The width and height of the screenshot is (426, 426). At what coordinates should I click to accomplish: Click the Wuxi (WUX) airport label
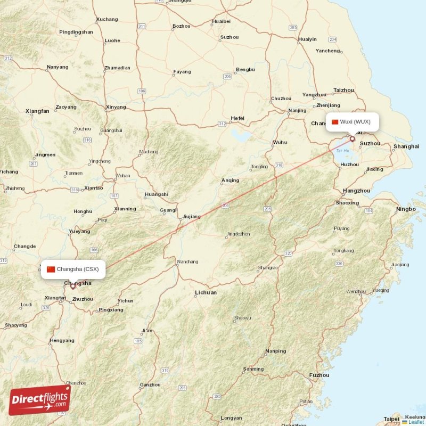point(355,121)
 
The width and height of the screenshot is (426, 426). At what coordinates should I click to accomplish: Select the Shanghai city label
point(406,146)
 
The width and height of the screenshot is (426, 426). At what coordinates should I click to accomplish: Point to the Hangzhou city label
point(356,191)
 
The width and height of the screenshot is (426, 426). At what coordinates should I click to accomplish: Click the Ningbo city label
point(406,209)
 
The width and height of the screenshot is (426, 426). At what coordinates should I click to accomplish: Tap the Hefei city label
point(237,118)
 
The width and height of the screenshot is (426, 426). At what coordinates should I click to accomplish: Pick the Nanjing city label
point(297,111)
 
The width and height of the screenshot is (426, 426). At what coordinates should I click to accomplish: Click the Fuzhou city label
point(319,375)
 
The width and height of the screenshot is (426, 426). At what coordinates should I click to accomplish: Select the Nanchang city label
point(187,261)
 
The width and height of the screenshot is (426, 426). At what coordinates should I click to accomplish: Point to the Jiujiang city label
point(191,217)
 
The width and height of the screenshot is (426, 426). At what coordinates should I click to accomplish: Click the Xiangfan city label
point(37,111)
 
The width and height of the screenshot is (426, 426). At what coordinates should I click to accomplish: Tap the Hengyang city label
point(62,340)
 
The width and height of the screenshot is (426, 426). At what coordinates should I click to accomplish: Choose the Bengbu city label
point(245,69)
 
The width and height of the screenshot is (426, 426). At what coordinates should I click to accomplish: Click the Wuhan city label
point(123,176)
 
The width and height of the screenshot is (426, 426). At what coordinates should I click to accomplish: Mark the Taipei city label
point(391,419)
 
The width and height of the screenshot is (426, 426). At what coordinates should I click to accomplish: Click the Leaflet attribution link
point(416,422)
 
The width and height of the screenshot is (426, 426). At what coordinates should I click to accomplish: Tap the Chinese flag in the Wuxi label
point(335,121)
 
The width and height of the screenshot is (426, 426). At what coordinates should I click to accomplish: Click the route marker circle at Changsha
point(73,286)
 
